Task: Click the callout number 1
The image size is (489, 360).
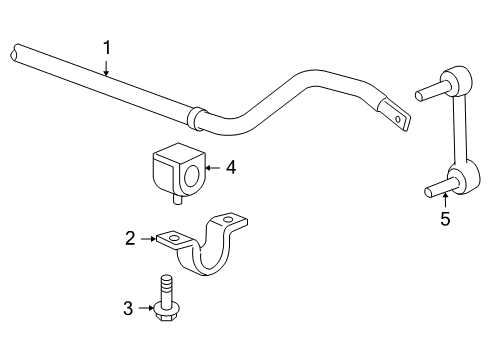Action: [107, 46]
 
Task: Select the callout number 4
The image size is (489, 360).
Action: [231, 168]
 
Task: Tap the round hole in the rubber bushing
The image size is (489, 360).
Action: [190, 177]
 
